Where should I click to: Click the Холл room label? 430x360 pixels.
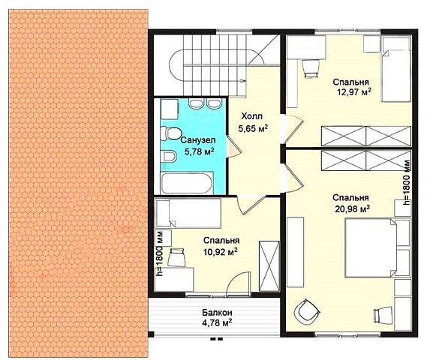[x=251, y=116]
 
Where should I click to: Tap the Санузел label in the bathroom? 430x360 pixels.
[x=198, y=140]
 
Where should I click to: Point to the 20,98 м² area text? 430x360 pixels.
[x=353, y=209]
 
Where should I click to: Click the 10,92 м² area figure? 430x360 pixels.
[x=221, y=251]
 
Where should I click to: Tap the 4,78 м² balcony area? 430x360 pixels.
[x=217, y=322]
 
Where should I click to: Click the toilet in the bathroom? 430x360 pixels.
[x=170, y=133]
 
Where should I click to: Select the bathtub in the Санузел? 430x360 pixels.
[x=187, y=183]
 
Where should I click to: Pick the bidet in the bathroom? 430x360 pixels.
[x=169, y=157]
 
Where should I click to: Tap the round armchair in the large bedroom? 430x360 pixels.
[x=306, y=311]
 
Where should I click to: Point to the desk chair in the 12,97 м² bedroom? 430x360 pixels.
[x=311, y=69]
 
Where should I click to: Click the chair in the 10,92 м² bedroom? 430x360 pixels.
[x=176, y=257]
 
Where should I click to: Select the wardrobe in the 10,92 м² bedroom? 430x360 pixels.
[x=269, y=265]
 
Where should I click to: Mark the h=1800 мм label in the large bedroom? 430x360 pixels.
[x=407, y=183]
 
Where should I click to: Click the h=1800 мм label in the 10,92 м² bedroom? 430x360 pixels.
[x=159, y=253]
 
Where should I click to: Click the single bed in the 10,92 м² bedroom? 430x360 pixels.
[x=188, y=214]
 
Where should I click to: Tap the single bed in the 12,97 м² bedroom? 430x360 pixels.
[x=396, y=70]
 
